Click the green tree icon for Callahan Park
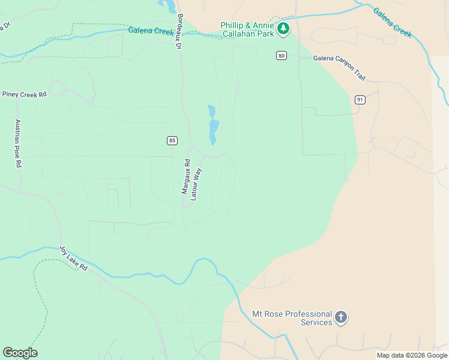(x=283, y=28)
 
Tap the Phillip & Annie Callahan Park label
(x=247, y=29)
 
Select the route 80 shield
(x=282, y=56)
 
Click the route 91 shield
(x=360, y=100)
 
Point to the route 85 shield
(x=172, y=140)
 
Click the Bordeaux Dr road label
(x=178, y=32)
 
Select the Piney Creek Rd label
(x=24, y=94)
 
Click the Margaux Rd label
(x=186, y=176)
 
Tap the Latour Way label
(x=196, y=184)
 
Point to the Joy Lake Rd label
(x=73, y=259)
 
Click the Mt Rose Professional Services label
(x=292, y=318)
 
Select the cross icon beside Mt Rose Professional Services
(x=341, y=318)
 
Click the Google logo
(x=20, y=352)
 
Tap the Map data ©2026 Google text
(x=412, y=355)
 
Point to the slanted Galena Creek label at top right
(x=393, y=22)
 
